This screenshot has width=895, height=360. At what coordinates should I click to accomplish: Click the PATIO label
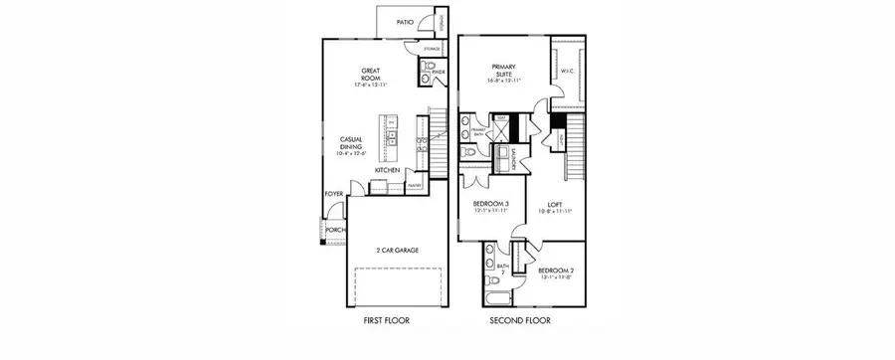tap(406, 20)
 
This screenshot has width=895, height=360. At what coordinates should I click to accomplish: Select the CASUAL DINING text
tap(350, 145)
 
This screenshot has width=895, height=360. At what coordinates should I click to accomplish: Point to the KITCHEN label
tap(388, 170)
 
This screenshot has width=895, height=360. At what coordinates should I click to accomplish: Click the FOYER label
tap(332, 194)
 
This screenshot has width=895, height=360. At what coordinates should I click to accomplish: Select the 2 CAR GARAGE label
tap(397, 251)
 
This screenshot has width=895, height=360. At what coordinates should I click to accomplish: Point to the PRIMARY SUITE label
tap(508, 71)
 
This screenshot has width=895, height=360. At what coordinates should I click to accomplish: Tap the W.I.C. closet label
tap(568, 71)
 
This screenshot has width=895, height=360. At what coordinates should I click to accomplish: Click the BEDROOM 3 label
tap(491, 205)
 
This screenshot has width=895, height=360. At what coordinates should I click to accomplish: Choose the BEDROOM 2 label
tap(555, 270)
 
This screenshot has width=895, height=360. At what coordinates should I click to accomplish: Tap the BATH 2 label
tap(503, 269)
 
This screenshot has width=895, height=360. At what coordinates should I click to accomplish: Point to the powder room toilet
tap(427, 72)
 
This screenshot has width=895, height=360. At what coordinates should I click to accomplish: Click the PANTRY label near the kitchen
tap(415, 185)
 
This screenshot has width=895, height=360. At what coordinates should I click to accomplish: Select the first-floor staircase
tap(436, 129)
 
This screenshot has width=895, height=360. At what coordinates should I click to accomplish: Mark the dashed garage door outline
tap(397, 288)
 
